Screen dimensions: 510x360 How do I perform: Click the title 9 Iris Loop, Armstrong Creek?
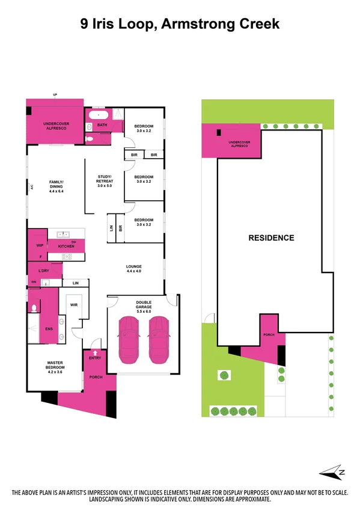180,24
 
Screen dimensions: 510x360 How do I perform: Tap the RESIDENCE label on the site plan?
271,238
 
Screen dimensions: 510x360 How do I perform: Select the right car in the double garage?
158,340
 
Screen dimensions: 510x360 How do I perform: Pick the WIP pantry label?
40,246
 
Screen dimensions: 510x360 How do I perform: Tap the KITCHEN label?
66,247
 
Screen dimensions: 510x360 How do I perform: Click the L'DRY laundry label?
44,271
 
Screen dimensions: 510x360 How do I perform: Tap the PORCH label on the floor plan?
96,377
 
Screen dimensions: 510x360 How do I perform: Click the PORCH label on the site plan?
269,336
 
